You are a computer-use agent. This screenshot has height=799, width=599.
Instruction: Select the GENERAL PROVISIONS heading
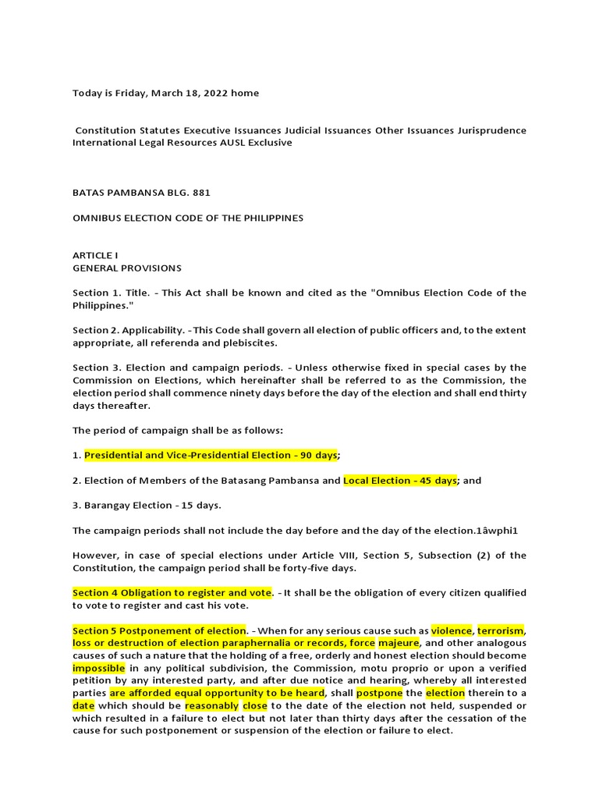pos(127,268)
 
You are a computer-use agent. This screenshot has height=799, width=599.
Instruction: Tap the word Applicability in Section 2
pos(156,330)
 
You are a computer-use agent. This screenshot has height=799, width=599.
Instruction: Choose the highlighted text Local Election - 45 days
pos(400,481)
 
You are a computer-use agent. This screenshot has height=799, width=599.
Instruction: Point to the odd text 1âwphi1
pos(498,531)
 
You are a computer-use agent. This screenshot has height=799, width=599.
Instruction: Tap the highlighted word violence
pos(452,630)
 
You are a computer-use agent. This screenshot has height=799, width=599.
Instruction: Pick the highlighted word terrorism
pos(501,630)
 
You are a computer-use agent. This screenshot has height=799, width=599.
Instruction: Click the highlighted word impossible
pos(99,668)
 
